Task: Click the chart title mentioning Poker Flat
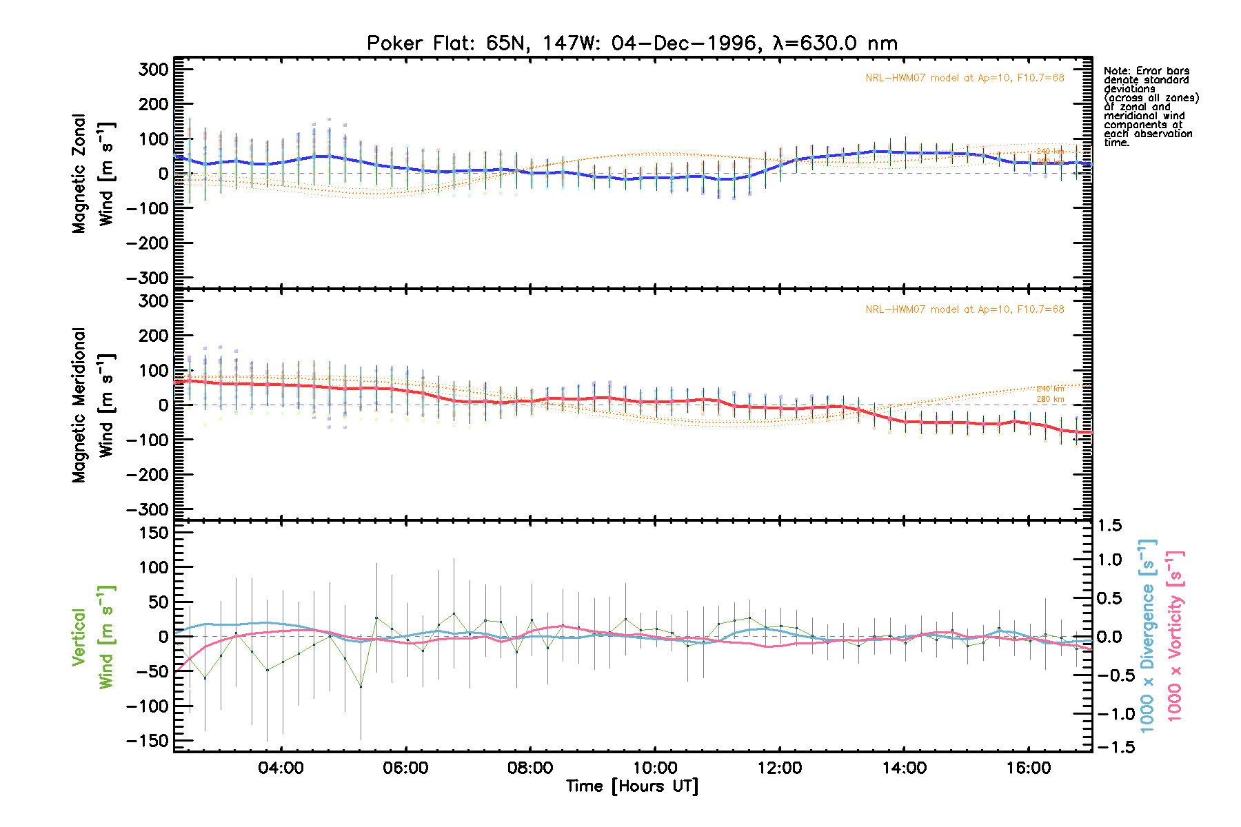click(632, 43)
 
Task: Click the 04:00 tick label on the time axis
click(281, 768)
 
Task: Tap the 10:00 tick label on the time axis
click(654, 768)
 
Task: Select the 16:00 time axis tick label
click(1029, 768)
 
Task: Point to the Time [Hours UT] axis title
click(632, 786)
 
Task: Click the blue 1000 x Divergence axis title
click(1148, 635)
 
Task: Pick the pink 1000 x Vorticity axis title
click(1175, 635)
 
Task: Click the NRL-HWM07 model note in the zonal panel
click(965, 78)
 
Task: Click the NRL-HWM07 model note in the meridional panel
click(965, 309)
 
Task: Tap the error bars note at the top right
click(1150, 106)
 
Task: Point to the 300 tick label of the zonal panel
click(153, 69)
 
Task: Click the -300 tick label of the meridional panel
click(148, 509)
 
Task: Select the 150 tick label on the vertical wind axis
click(153, 533)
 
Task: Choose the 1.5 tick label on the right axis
click(1109, 526)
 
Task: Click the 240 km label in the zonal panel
click(1050, 152)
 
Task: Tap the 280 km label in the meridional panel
click(1050, 399)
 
